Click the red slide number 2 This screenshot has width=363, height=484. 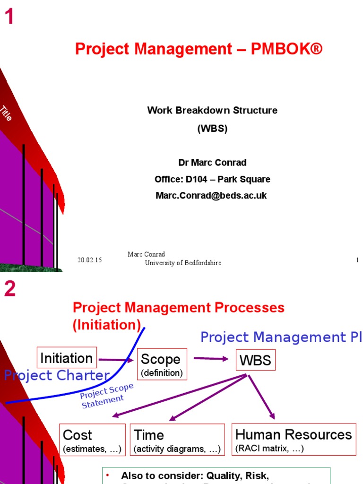(10, 289)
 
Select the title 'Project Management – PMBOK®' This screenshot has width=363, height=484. (199, 49)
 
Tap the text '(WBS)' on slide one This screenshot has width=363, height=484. (212, 128)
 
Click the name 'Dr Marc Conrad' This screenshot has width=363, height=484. (212, 163)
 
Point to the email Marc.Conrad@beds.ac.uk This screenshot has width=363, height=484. (211, 195)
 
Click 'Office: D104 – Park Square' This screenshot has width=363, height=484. (212, 179)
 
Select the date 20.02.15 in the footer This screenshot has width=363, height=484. (90, 260)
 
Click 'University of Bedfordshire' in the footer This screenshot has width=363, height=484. (183, 263)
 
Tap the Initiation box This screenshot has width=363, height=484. (67, 358)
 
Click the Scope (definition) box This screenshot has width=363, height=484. (162, 364)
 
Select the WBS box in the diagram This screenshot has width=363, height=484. (255, 361)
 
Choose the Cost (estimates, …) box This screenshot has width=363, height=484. (92, 440)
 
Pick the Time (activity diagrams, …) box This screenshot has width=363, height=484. (177, 440)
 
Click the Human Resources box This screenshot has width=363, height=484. (294, 439)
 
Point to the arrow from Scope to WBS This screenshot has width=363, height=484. (211, 359)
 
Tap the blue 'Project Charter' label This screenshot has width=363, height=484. (57, 376)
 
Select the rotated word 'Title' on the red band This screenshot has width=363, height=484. (6, 113)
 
